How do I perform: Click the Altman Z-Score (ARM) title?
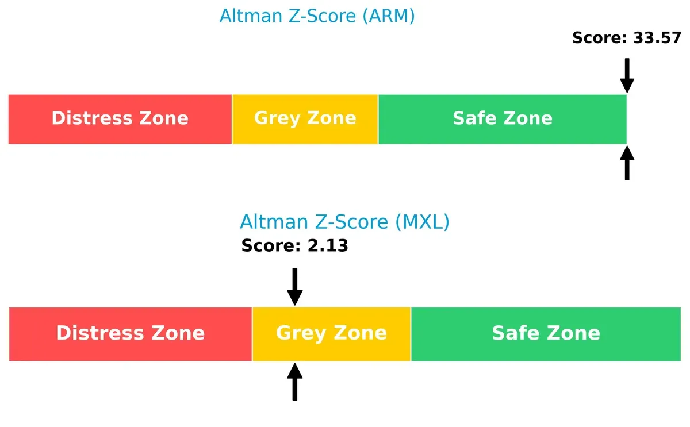(317, 16)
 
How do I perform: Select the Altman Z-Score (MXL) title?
(344, 222)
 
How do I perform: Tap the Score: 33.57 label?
(627, 39)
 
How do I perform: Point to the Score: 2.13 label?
(294, 246)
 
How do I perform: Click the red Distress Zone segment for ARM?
(120, 119)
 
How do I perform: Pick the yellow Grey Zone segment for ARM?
(305, 119)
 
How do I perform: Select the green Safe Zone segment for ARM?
(502, 119)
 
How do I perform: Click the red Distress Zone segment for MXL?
(131, 334)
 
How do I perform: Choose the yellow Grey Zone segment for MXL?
(331, 334)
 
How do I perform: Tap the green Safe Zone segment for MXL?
(546, 334)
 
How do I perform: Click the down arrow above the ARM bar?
(627, 75)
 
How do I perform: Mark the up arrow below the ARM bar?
(627, 163)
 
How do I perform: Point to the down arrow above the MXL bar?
(294, 286)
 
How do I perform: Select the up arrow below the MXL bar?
(294, 382)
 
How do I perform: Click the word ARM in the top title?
(388, 16)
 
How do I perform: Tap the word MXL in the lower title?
(422, 222)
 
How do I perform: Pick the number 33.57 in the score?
(657, 39)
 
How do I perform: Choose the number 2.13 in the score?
(328, 246)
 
